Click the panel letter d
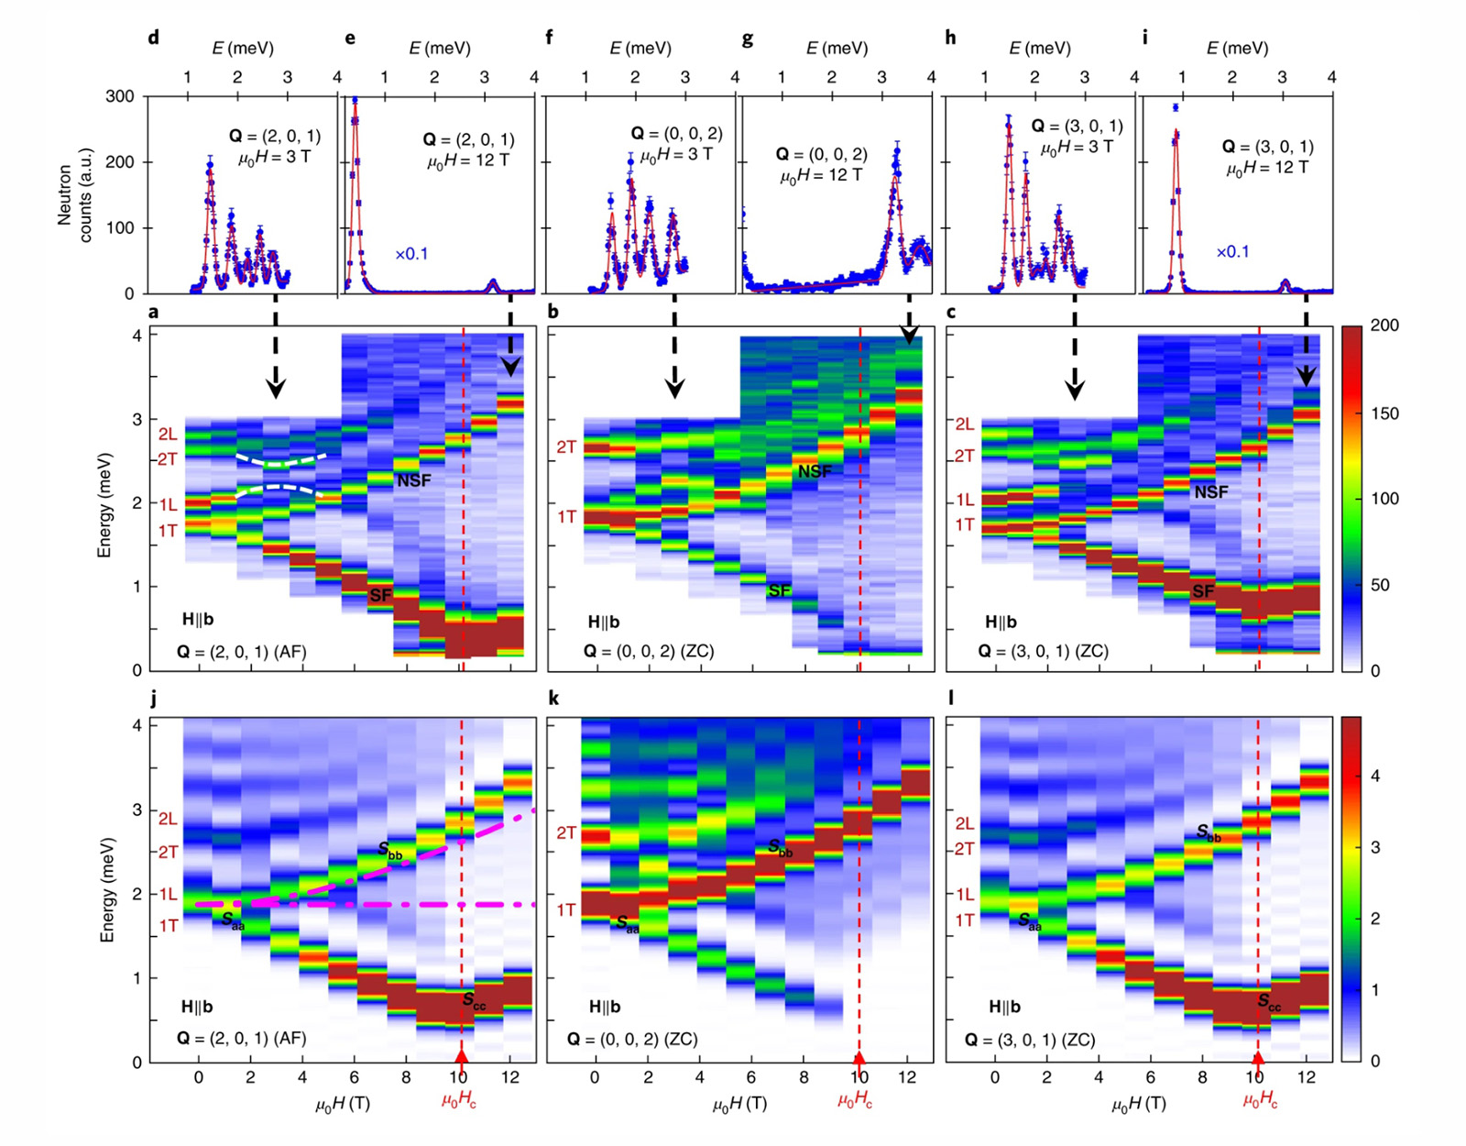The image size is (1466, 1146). (x=153, y=38)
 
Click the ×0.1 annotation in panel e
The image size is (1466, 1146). (x=411, y=254)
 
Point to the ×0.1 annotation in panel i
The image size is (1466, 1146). (x=1232, y=252)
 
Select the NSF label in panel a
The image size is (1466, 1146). (x=413, y=480)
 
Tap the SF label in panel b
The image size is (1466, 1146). (x=779, y=591)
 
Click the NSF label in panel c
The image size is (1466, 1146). (x=1210, y=492)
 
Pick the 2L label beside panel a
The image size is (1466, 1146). (x=167, y=435)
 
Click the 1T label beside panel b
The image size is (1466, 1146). (x=566, y=517)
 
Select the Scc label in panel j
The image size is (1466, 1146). (x=475, y=1002)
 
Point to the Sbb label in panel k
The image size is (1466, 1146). (x=780, y=847)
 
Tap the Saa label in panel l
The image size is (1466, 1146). (x=1030, y=922)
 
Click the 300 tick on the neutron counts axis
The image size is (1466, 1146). (x=119, y=96)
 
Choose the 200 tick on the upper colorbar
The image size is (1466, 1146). (x=1384, y=325)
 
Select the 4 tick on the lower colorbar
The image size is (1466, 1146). (x=1373, y=776)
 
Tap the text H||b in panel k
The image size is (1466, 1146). (x=604, y=1007)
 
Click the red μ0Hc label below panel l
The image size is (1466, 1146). (x=1260, y=1101)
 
